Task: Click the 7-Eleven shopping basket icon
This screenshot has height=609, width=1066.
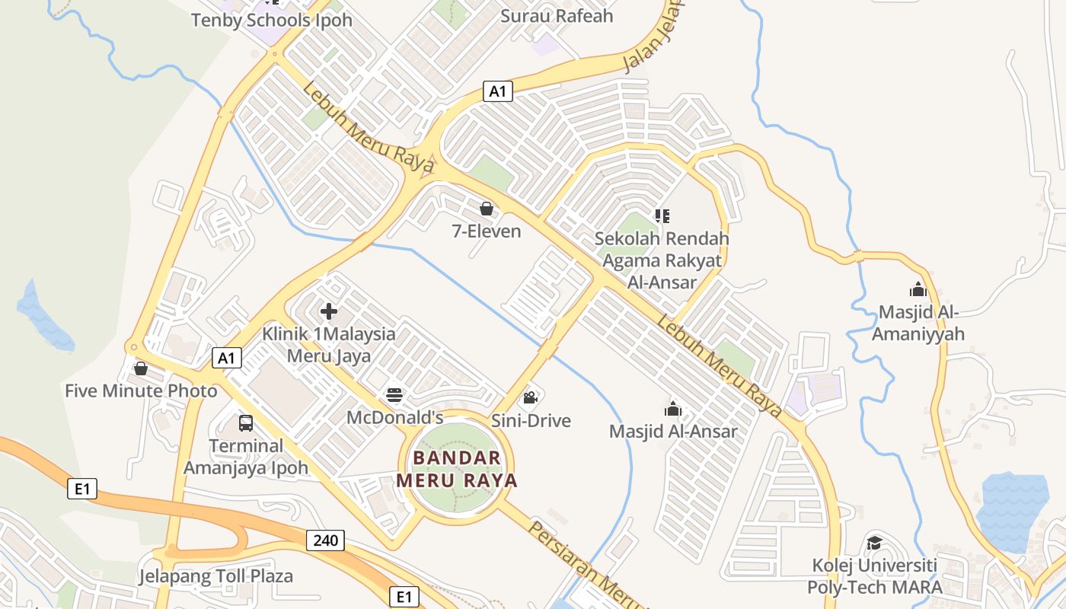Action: pos(487,208)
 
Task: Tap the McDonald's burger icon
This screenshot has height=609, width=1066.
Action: pos(394,395)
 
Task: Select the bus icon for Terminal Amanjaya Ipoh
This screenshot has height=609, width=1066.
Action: pos(246,422)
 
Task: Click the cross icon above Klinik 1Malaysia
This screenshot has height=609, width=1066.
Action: pos(329,311)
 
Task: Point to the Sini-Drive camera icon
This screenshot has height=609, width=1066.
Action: pos(531,397)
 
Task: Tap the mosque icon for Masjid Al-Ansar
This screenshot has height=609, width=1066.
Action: pos(672,409)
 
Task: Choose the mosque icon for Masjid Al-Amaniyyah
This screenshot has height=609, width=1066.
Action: pos(918,289)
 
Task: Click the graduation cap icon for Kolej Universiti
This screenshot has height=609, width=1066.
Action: pos(874,543)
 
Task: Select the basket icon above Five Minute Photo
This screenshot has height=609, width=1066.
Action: pos(141,368)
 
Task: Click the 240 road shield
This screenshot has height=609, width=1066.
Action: pos(326,540)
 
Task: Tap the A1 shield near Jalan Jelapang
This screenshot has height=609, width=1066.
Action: pos(497,91)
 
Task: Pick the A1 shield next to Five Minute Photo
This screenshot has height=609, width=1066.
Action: pos(226,358)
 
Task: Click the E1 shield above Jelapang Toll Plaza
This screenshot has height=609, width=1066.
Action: pos(81,489)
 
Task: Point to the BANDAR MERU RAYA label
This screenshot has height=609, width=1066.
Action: pos(457,469)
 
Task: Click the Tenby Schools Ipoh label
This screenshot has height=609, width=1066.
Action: pos(272,20)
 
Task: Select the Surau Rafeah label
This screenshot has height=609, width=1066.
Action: pos(557,16)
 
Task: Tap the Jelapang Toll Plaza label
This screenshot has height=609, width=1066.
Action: pos(215,576)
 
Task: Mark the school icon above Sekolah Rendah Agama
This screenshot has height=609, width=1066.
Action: pos(662,215)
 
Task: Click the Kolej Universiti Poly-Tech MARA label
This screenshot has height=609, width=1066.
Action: pos(874,576)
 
